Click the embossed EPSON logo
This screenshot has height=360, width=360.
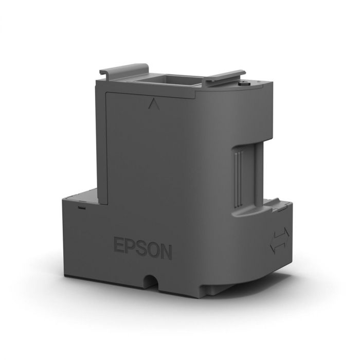[142, 245]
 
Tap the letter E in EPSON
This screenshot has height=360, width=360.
[117, 244]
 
